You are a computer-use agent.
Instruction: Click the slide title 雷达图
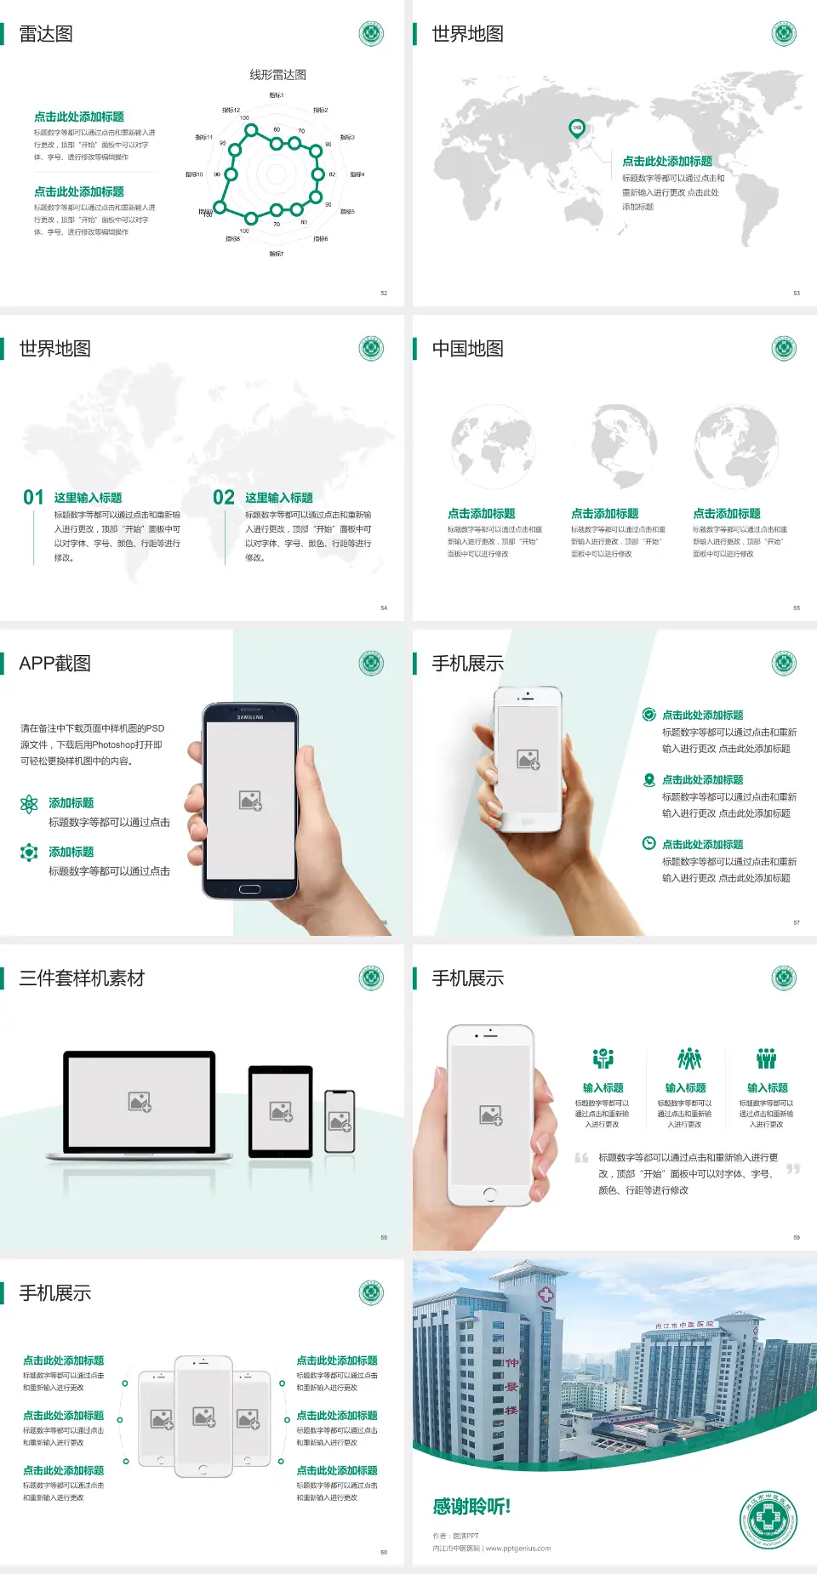[46, 34]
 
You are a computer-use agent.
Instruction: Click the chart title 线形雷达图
[277, 75]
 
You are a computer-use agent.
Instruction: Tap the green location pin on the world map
[577, 128]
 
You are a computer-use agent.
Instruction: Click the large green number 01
[33, 497]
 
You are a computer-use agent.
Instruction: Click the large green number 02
[224, 497]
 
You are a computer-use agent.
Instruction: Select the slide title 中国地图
[467, 349]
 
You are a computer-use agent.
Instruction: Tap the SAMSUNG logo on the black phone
[250, 717]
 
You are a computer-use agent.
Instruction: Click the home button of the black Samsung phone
[249, 889]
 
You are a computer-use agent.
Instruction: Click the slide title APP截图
[54, 664]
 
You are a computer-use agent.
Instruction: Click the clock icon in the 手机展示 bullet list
[648, 843]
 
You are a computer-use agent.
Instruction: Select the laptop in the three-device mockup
[140, 1104]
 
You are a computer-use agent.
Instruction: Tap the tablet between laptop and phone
[281, 1110]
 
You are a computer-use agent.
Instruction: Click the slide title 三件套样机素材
[82, 978]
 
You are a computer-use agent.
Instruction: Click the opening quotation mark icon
[581, 1158]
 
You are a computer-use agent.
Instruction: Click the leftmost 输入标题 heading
[603, 1087]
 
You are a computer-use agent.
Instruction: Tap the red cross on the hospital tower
[546, 1295]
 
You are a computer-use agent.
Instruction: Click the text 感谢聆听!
[471, 1507]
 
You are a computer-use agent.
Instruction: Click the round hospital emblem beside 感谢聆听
[768, 1520]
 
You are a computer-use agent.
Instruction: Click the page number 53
[797, 293]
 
